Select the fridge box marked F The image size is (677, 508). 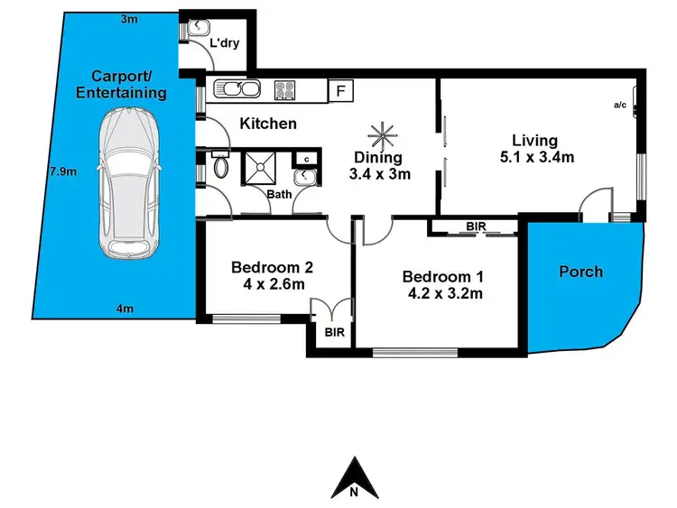pos(341,90)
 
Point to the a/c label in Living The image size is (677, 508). pos(621,106)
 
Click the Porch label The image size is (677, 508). pos(580,272)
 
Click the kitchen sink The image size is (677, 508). pos(237,89)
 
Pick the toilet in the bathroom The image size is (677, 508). pos(221,167)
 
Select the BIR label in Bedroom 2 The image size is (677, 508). pos(333,332)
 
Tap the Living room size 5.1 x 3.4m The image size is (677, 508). pos(534,158)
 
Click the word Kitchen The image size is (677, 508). pos(268,123)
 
